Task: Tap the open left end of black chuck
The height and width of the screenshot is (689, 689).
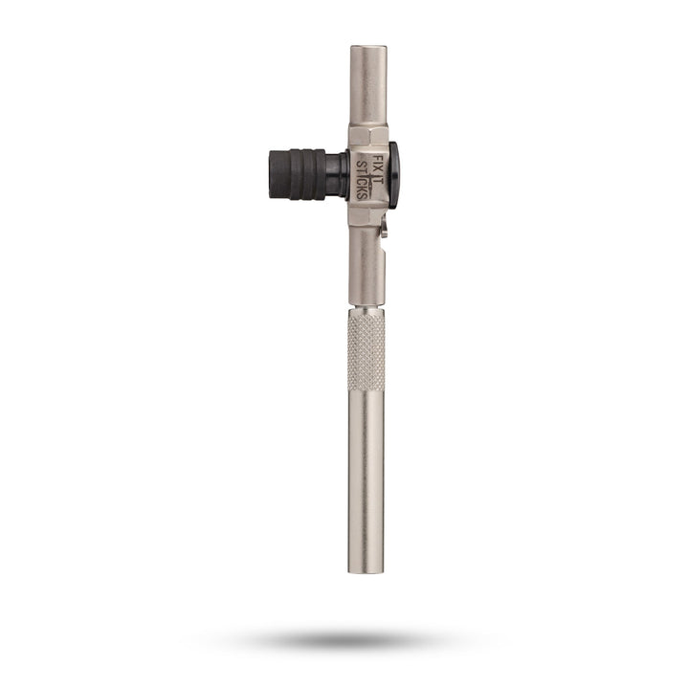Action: (x=271, y=173)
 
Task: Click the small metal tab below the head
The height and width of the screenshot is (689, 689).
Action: (x=384, y=231)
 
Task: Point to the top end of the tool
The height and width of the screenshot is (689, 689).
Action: (x=367, y=48)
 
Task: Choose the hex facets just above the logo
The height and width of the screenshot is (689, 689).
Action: (x=367, y=135)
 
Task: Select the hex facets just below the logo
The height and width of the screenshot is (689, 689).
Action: (x=367, y=215)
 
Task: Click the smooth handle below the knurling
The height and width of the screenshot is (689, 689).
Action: (x=367, y=478)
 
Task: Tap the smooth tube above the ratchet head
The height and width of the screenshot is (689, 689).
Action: (x=367, y=86)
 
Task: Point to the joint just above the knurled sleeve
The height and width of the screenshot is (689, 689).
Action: (x=367, y=307)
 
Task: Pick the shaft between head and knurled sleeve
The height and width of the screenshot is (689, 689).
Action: (x=367, y=268)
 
